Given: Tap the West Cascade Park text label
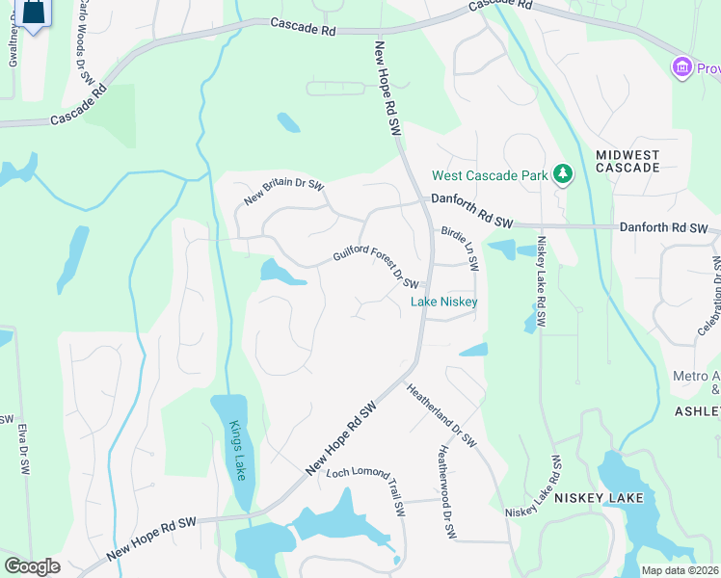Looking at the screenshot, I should pos(489,175).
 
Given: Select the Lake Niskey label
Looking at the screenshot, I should pos(444,302).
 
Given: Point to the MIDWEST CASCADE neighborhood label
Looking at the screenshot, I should pos(628,161).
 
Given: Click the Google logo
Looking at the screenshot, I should pos(32,566).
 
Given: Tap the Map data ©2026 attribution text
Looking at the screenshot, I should pos(680,570).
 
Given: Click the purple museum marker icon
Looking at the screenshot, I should pos(682,67).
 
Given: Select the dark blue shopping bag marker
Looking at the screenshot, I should pos(33,12).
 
